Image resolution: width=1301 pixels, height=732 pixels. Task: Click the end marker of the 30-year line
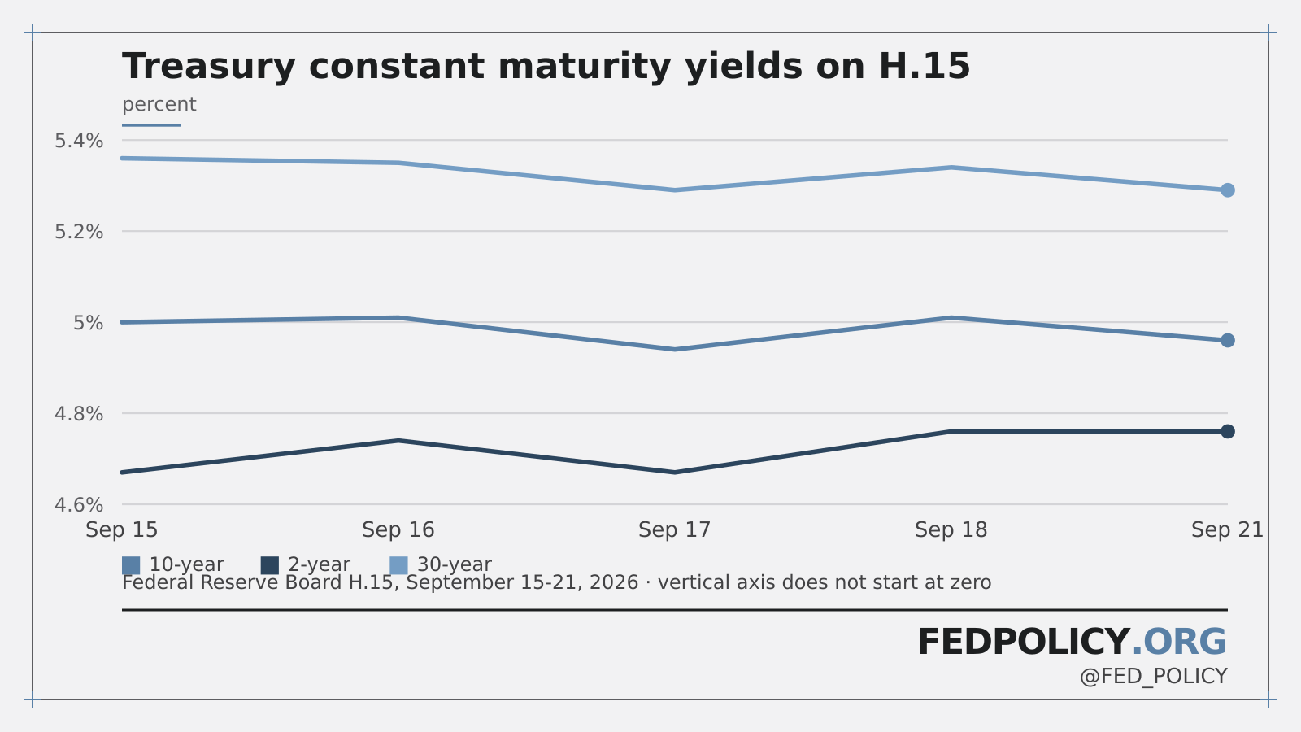coord(1227,190)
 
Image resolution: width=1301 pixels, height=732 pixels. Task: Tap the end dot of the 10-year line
coord(1227,341)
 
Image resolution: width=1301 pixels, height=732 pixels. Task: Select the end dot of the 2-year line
coord(1227,432)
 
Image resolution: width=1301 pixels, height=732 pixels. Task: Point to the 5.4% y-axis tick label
coord(79,141)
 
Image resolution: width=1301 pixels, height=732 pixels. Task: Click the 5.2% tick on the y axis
coord(79,232)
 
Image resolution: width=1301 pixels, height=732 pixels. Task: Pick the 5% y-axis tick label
coord(89,322)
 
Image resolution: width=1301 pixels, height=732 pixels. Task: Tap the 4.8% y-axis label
coord(79,414)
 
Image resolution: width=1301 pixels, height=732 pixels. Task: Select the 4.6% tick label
coord(79,505)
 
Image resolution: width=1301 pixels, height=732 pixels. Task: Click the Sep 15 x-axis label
coord(122,529)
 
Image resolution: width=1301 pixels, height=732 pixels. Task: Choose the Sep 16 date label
coord(398,529)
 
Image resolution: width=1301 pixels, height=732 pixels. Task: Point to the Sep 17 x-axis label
coord(674,529)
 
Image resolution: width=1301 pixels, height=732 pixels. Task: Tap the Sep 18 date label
coord(951,529)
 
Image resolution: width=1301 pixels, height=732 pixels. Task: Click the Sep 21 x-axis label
coord(1227,529)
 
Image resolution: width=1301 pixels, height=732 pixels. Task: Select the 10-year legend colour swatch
coord(131,565)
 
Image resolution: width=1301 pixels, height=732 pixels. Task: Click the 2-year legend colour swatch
coord(269,565)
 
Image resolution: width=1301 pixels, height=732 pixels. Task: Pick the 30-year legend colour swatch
coord(398,565)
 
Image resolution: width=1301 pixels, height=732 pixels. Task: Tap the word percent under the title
coord(159,105)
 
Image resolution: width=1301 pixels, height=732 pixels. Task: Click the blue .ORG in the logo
coord(1179,642)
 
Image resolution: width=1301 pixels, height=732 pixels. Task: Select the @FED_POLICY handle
coord(1154,677)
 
